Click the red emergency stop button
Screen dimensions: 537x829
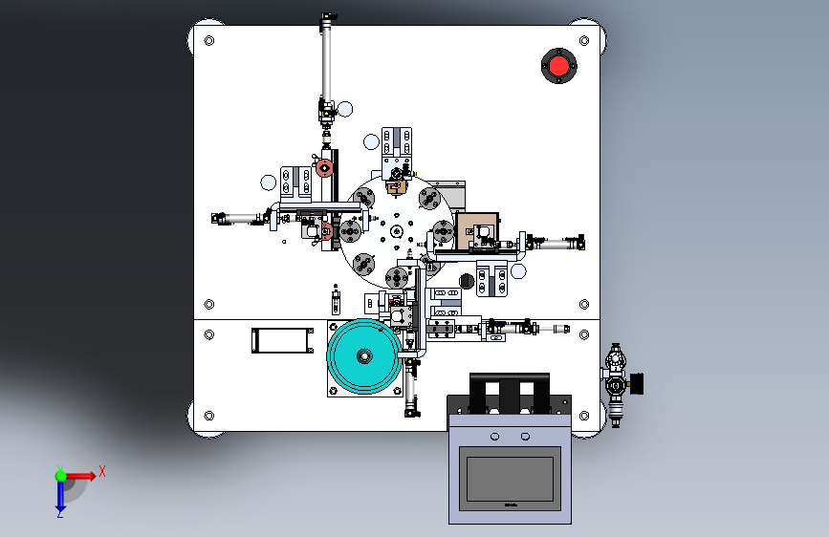(x=557, y=66)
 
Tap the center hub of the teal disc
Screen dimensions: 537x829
(x=364, y=356)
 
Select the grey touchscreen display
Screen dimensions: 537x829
(x=508, y=483)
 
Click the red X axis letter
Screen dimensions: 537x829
(x=101, y=470)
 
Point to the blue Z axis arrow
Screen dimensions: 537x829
(x=60, y=494)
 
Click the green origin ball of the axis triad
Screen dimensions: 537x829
(x=60, y=475)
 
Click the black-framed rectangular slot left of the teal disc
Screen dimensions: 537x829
(x=282, y=340)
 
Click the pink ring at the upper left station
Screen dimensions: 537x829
(x=324, y=169)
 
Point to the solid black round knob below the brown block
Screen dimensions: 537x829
(x=467, y=280)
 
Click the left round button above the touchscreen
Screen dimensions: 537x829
(x=494, y=437)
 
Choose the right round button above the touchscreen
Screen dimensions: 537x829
(x=525, y=437)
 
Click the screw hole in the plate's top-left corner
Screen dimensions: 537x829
(x=209, y=41)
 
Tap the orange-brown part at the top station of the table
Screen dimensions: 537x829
(x=394, y=185)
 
